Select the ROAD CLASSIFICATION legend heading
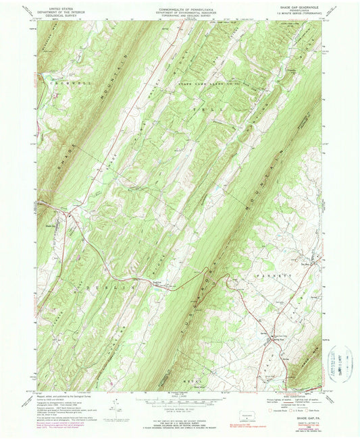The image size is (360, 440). click(290, 397)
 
